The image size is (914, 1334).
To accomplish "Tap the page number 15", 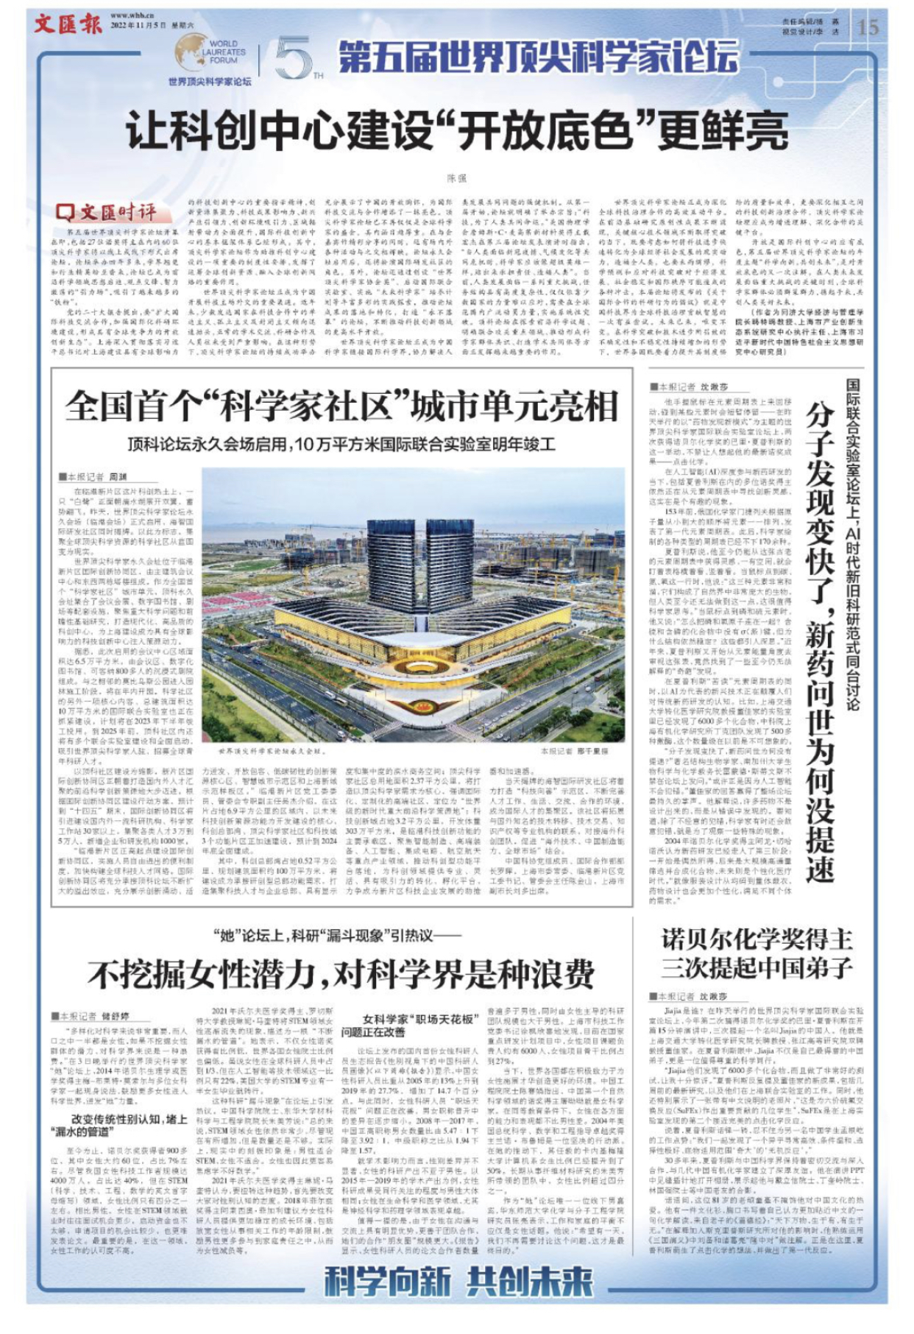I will [x=868, y=27].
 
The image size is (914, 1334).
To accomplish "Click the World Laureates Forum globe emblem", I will [x=193, y=54].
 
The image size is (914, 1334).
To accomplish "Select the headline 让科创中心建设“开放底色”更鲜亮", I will [x=447, y=132].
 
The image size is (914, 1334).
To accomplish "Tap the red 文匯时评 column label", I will [x=107, y=212].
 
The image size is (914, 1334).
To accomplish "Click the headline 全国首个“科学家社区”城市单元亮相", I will [x=341, y=404].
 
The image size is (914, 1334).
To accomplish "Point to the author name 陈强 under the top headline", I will [x=457, y=177].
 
